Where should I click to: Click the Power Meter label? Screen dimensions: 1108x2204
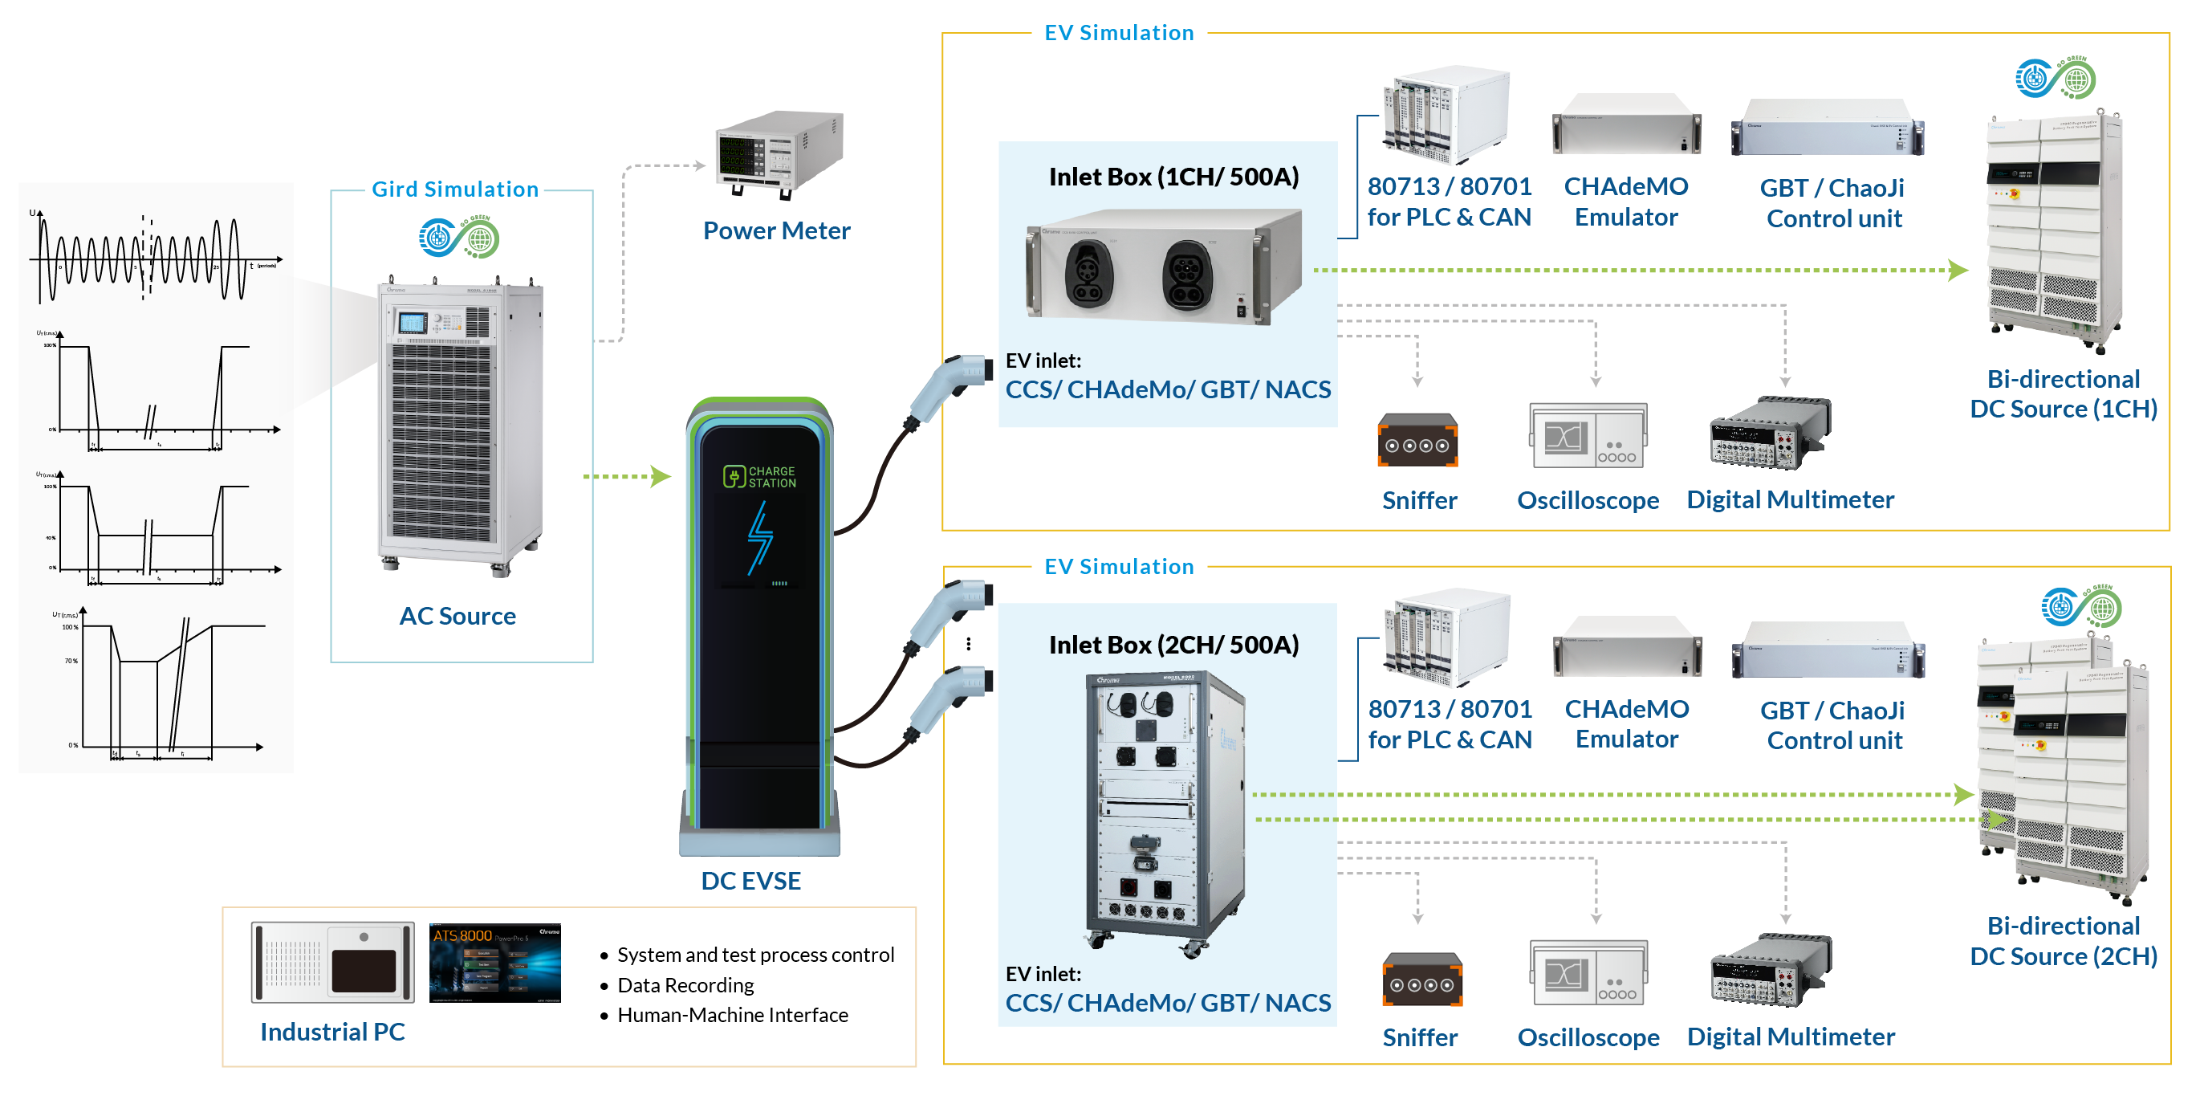(x=776, y=231)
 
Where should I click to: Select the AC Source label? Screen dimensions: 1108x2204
(x=457, y=616)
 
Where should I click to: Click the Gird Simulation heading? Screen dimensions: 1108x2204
(x=454, y=189)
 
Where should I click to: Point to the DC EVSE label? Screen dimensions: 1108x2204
(x=750, y=882)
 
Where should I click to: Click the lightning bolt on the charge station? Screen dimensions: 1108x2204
(x=759, y=537)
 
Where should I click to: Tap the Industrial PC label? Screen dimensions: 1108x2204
(x=332, y=1032)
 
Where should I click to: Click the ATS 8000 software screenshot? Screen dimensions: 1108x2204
(x=494, y=963)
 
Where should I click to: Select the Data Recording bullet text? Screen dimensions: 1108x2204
(x=685, y=986)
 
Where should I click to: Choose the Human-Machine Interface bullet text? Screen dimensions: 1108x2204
(x=732, y=1016)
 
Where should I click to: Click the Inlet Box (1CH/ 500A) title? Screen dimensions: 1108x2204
(x=1173, y=177)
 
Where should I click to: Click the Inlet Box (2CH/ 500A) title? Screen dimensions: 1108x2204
(x=1173, y=645)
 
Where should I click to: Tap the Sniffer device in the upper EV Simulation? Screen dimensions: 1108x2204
(x=1417, y=441)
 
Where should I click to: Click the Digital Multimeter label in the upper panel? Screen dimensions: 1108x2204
(x=1790, y=499)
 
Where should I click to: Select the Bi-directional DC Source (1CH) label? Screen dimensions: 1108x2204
(x=2063, y=394)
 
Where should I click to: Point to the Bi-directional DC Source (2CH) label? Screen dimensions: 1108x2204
(x=2063, y=941)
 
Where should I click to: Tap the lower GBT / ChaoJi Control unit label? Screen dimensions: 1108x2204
(x=1833, y=726)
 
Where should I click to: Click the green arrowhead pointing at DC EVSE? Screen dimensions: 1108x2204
(x=660, y=477)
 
